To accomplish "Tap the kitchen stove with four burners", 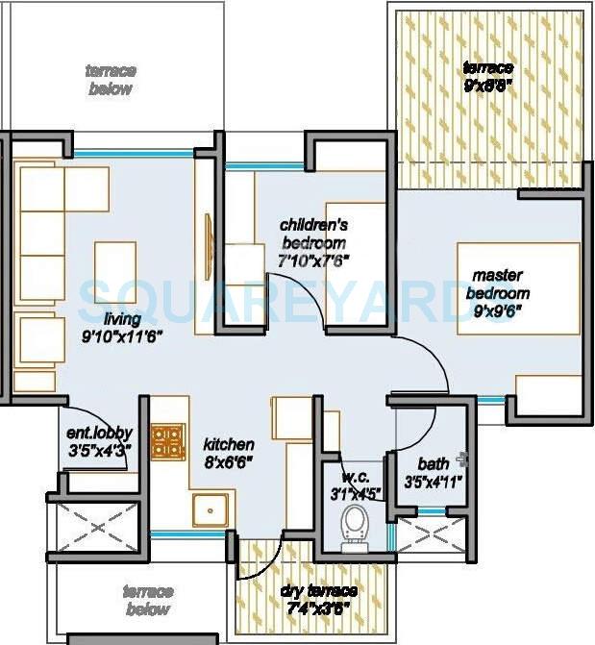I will (x=169, y=442).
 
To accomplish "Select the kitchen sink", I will (x=211, y=510).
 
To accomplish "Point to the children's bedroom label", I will (x=312, y=234).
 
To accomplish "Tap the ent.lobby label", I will (x=99, y=434).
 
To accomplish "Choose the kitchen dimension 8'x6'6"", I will (x=228, y=463).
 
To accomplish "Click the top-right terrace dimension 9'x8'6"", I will (x=487, y=85).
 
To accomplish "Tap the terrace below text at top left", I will (x=111, y=80).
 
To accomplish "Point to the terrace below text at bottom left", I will (x=147, y=600).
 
